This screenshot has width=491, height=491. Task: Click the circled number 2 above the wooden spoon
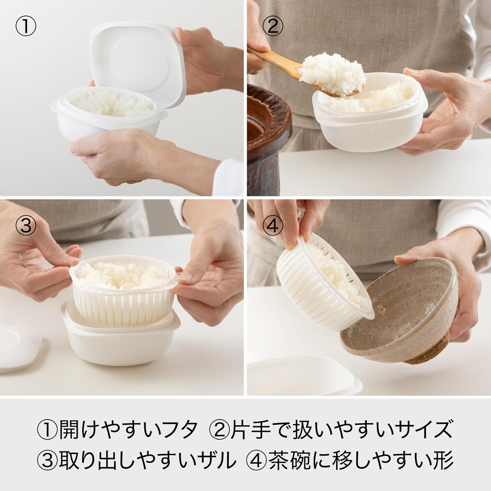(272, 26)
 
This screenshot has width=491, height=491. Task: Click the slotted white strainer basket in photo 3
(124, 282)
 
